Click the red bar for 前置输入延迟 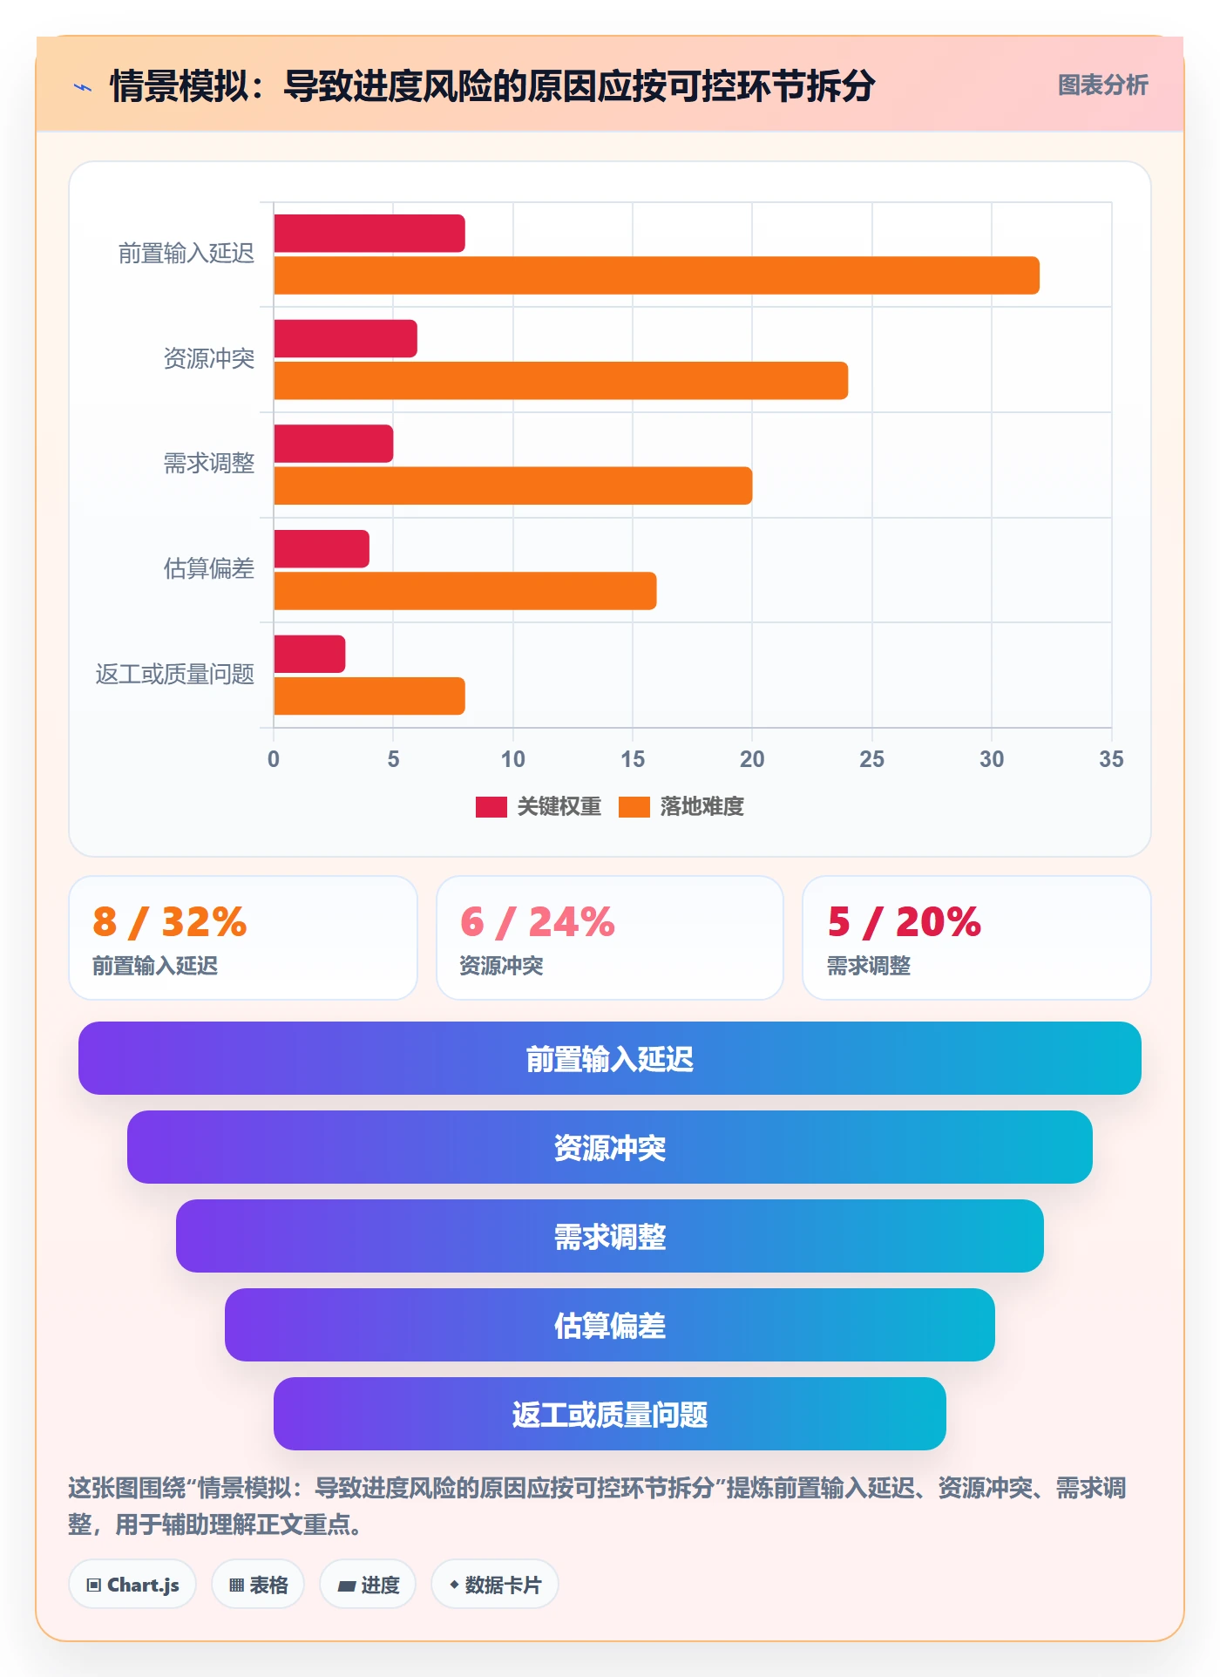(369, 234)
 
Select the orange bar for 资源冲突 (561, 381)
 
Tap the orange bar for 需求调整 (513, 485)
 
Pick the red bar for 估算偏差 (322, 549)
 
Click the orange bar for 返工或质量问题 (369, 696)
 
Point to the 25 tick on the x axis (871, 759)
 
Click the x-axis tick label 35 (1111, 759)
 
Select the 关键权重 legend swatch (491, 807)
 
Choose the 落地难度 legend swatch (634, 807)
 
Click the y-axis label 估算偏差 (209, 568)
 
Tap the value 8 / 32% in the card (170, 922)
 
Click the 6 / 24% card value (538, 922)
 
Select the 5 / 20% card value (905, 922)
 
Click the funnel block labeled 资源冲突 (610, 1147)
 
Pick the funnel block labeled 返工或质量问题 (610, 1414)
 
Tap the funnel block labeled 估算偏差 (610, 1325)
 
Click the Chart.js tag (132, 1585)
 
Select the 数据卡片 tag (495, 1585)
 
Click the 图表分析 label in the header (1103, 85)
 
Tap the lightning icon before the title (83, 87)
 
